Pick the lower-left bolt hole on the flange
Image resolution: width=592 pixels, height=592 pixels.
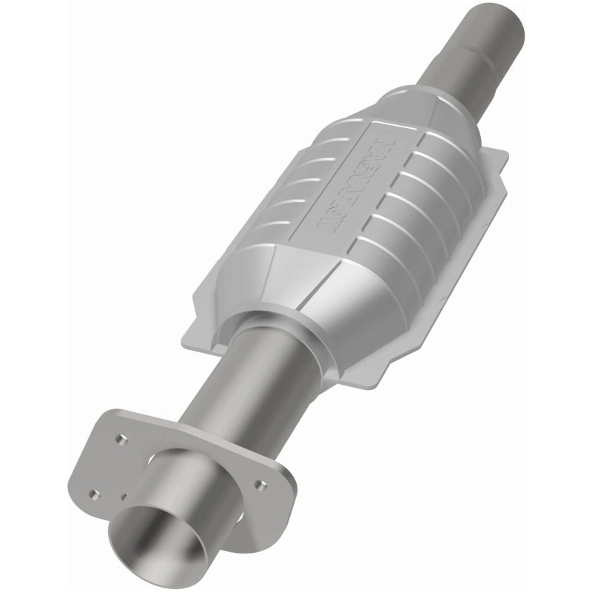pyautogui.click(x=95, y=494)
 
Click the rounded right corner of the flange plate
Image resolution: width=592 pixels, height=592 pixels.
pyautogui.click(x=290, y=488)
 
